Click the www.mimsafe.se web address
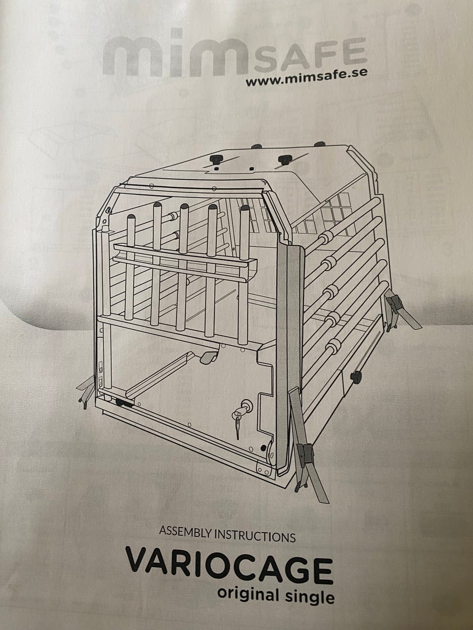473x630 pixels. pos(306,77)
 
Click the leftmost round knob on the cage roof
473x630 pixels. pos(216,159)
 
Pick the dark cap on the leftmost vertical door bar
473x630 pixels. pos(131,216)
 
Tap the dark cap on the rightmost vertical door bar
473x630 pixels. pos(244,207)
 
